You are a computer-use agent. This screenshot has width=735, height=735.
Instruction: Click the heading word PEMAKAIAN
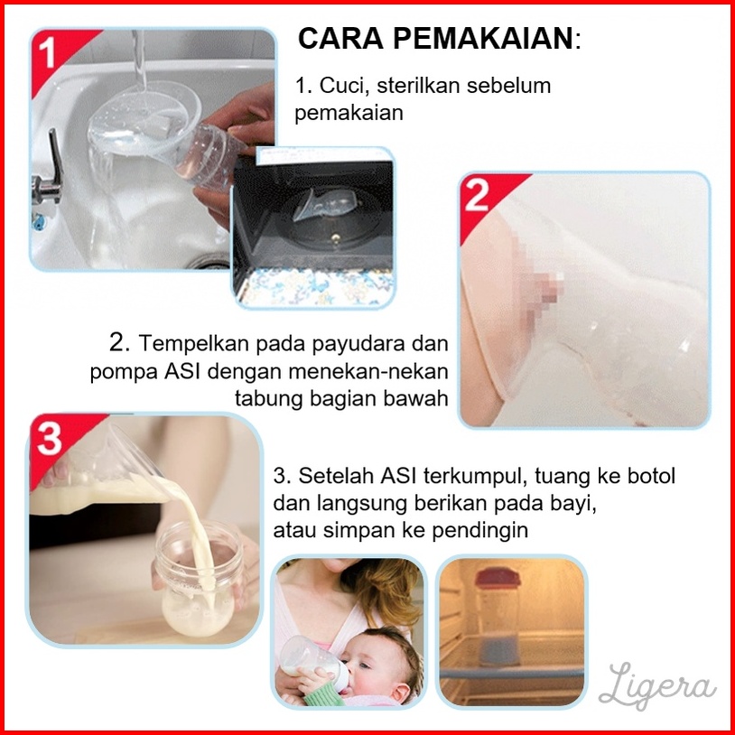click(482, 38)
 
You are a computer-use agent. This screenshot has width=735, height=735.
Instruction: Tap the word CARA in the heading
click(340, 38)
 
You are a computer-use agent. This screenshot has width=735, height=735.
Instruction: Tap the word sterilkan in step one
click(419, 86)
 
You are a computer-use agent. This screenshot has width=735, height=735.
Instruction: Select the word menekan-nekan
click(368, 372)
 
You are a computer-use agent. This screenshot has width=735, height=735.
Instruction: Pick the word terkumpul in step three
click(472, 476)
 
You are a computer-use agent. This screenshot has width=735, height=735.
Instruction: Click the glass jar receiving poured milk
click(200, 578)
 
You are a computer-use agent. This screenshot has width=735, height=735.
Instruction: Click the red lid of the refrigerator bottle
click(497, 579)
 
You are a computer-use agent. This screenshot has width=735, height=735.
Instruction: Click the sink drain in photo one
click(209, 262)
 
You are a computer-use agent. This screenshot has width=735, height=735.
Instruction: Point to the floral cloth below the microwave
click(315, 287)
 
